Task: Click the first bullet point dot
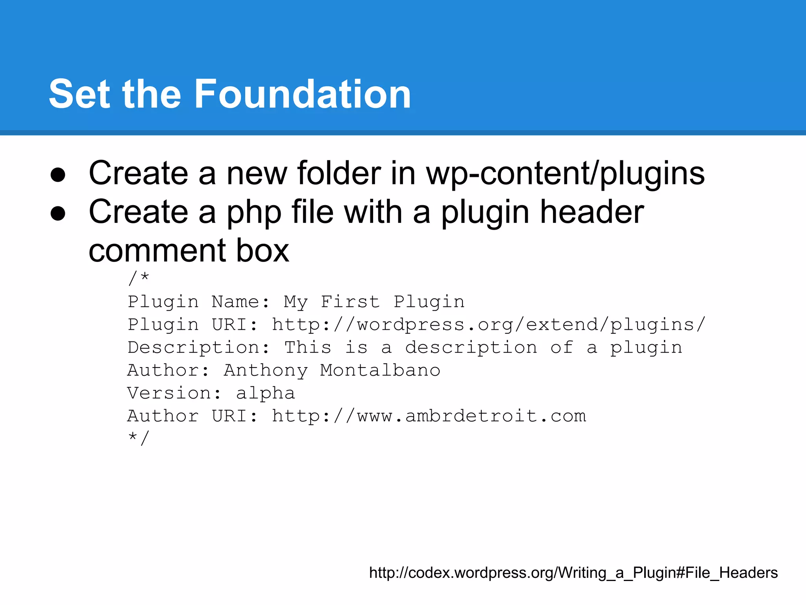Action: point(58,174)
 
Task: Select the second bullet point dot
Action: point(58,213)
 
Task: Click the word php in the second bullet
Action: point(254,213)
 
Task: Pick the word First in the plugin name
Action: point(350,302)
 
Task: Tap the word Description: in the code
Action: point(198,348)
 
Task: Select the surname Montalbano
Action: point(380,370)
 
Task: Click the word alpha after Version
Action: point(265,393)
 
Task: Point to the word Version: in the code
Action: point(174,393)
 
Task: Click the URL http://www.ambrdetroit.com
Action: point(429,416)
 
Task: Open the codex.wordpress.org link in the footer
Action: point(573,573)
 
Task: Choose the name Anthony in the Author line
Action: point(266,371)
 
